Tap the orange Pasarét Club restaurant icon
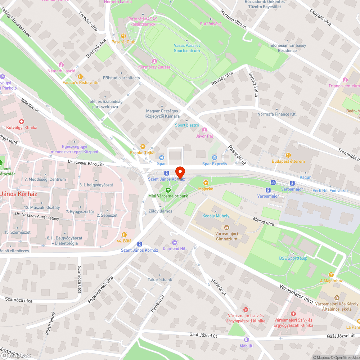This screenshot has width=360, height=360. pos(123,36)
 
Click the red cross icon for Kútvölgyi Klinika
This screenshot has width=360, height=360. pos(22,122)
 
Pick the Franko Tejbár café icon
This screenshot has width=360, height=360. pos(143,147)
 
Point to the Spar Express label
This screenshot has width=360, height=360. pos(215,164)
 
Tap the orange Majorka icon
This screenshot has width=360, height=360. pos(206,183)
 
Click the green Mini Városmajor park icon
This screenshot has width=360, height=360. pos(168,190)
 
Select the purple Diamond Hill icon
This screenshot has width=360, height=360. pos(175,243)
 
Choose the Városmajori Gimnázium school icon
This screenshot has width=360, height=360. pos(226,228)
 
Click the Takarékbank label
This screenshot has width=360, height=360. pos(159,280)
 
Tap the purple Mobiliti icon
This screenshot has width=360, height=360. pos(247,340)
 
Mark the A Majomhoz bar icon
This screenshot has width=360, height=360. pos(331,275)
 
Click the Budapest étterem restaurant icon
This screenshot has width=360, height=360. pos(288,155)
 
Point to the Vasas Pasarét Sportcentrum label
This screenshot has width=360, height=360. pos(187,48)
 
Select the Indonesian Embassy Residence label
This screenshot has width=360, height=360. pos(287,48)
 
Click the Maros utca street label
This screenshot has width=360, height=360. pos(263,221)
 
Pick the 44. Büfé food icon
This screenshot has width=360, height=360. pos(124,234)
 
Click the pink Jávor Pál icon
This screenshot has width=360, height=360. pos(204,130)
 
